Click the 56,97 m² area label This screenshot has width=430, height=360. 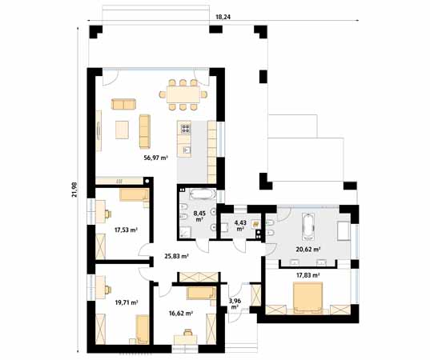[x=155, y=158]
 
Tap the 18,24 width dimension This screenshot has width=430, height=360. [x=223, y=17]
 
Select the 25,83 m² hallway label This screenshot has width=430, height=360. [x=176, y=257]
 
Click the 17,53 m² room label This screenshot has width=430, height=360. [x=126, y=230]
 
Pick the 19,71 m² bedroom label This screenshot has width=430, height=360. [x=127, y=302]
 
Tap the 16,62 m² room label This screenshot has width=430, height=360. [x=181, y=313]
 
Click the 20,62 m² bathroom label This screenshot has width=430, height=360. [x=308, y=250]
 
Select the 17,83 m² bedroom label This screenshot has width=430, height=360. [x=308, y=275]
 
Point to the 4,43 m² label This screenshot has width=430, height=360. [x=240, y=226]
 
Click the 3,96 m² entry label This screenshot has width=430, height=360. [x=235, y=304]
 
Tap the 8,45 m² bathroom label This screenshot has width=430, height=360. [x=199, y=216]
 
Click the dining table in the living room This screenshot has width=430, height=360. [x=183, y=94]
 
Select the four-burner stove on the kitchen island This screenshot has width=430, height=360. [x=186, y=129]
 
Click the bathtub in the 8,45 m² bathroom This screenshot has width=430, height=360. [x=203, y=194]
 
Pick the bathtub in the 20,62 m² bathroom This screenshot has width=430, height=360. [x=309, y=224]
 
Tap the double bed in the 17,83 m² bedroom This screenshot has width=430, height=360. [x=307, y=298]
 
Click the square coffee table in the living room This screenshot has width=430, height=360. [x=122, y=130]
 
